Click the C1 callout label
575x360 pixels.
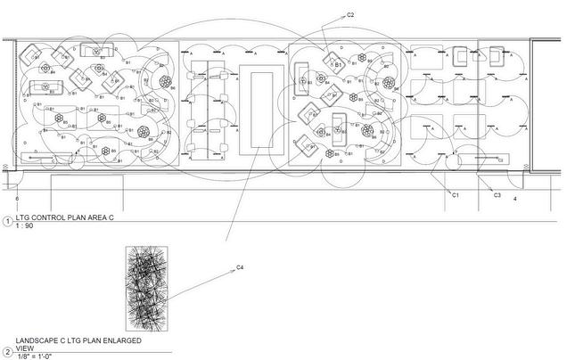pyautogui.click(x=455, y=193)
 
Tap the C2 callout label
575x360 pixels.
pyautogui.click(x=350, y=15)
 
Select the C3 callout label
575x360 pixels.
pyautogui.click(x=497, y=194)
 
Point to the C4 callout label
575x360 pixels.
pyautogui.click(x=240, y=268)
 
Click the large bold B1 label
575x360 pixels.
pyautogui.click(x=339, y=65)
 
